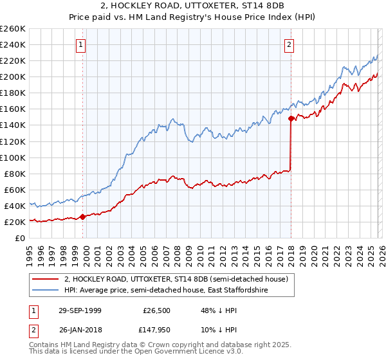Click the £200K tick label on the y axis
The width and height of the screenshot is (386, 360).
pos(13,76)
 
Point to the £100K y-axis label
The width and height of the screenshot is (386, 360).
pos(13,157)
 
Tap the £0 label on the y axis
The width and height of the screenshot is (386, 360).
pos(20,238)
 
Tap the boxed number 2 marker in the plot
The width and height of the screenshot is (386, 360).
pos(289,44)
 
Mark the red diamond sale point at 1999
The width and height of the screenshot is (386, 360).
pos(82,217)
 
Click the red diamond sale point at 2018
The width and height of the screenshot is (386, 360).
pos(291,118)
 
